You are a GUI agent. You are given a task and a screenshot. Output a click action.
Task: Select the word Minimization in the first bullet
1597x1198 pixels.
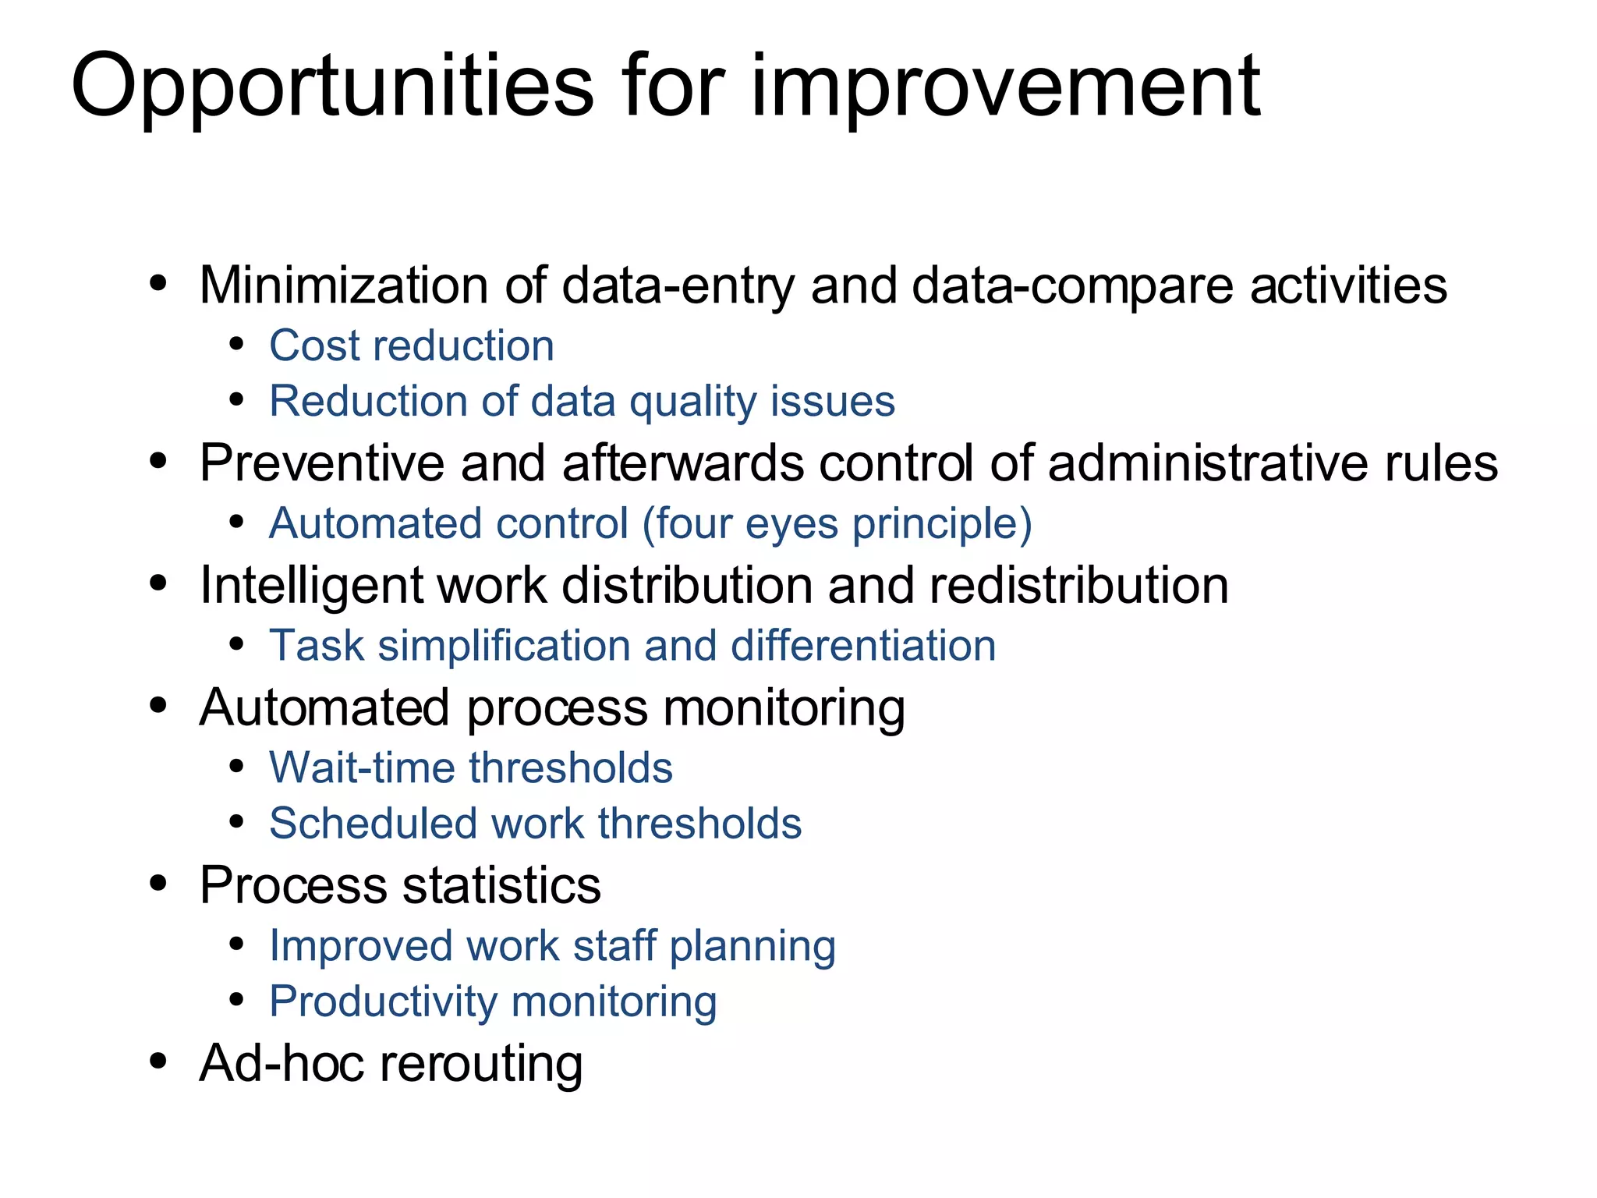343,285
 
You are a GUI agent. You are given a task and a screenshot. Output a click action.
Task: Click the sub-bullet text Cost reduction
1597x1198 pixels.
411,346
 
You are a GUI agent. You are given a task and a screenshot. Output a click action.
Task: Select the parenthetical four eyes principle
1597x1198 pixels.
837,523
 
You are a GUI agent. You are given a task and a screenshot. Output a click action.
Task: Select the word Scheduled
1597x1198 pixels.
373,824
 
